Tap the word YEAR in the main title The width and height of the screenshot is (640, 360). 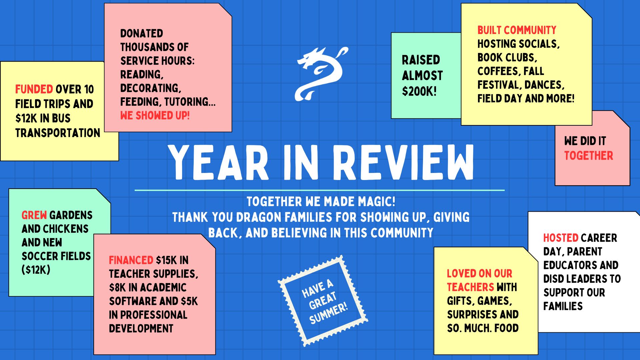pyautogui.click(x=218, y=162)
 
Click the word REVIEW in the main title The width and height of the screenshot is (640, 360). pyautogui.click(x=404, y=162)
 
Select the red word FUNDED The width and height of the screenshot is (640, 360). pyautogui.click(x=34, y=89)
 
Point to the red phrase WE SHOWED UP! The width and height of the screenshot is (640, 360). pyautogui.click(x=155, y=115)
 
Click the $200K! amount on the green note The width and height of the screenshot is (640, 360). pyautogui.click(x=419, y=91)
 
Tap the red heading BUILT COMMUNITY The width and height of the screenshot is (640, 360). pyautogui.click(x=517, y=30)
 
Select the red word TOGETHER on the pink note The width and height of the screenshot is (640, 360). pyautogui.click(x=589, y=155)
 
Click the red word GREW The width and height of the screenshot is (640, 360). pyautogui.click(x=34, y=215)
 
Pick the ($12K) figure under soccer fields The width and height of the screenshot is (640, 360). pyautogui.click(x=36, y=270)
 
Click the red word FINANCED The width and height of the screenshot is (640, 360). pyautogui.click(x=131, y=260)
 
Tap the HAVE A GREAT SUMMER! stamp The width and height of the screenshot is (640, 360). pyautogui.click(x=323, y=301)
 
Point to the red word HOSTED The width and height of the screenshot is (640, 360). pyautogui.click(x=561, y=238)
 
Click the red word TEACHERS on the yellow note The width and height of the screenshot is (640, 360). pyautogui.click(x=470, y=287)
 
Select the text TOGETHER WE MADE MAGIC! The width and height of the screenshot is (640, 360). pyautogui.click(x=321, y=202)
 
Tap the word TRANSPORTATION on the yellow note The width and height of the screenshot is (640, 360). pyautogui.click(x=58, y=133)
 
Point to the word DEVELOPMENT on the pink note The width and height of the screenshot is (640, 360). pyautogui.click(x=141, y=328)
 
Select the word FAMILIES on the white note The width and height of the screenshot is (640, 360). pyautogui.click(x=563, y=306)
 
